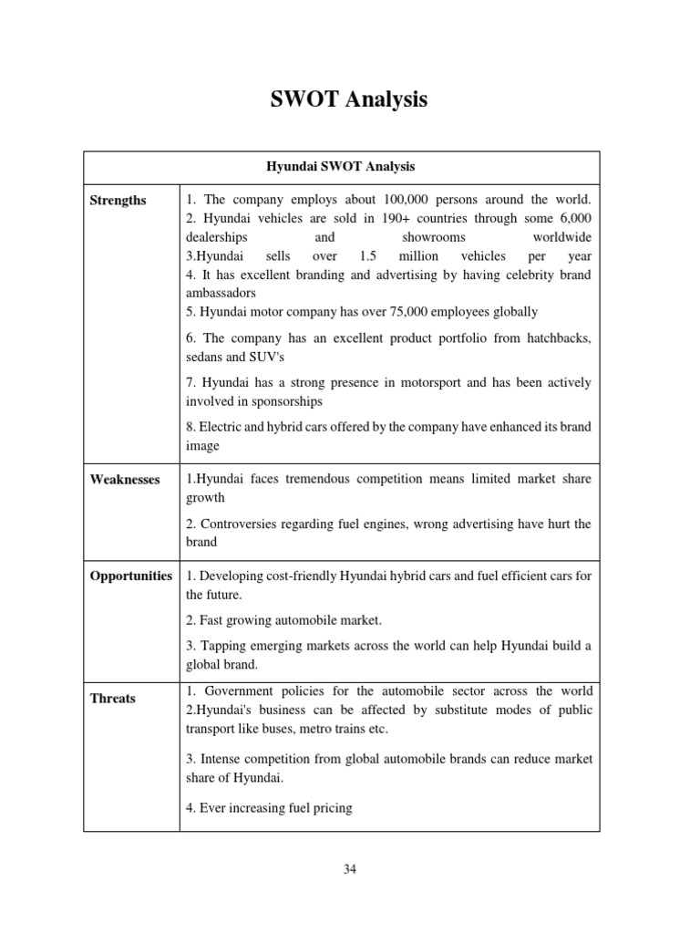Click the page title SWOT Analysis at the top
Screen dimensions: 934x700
point(349,99)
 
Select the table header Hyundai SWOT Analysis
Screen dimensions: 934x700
point(340,167)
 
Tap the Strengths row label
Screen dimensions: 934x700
point(118,201)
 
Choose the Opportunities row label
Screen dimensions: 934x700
point(131,576)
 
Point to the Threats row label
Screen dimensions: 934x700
point(112,699)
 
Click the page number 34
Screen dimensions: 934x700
point(350,869)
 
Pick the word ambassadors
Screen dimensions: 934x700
point(220,294)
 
